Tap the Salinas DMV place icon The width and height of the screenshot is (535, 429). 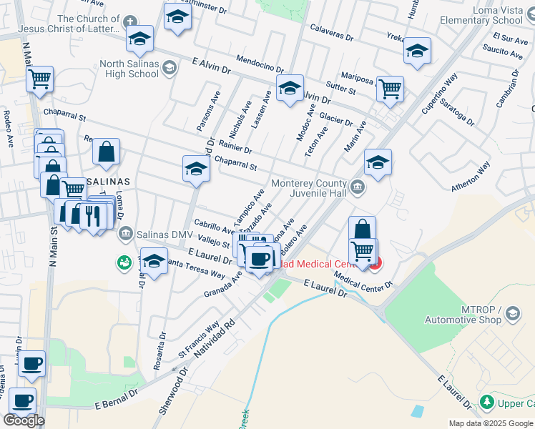coord(126,233)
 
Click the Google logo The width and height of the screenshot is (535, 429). coord(24,420)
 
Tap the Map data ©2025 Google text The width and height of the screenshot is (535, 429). coord(491,423)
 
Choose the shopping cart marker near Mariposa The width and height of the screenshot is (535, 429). coord(390,89)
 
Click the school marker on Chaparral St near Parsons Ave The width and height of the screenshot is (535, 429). coord(196,169)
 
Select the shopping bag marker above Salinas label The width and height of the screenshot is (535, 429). coord(106,152)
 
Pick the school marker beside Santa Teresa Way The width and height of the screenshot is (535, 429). coord(154,261)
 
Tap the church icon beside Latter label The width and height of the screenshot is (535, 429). coord(130,22)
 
